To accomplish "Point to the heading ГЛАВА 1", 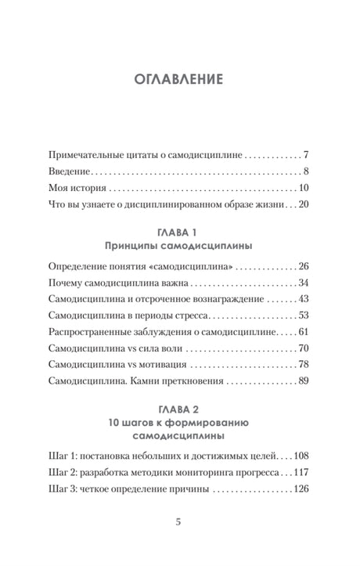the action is coord(180,233).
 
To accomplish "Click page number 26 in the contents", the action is coord(305,265).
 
